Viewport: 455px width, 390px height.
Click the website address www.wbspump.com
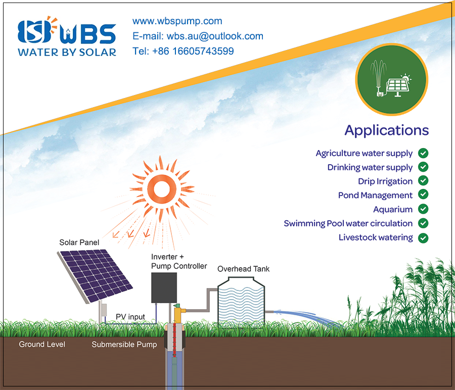pos(177,21)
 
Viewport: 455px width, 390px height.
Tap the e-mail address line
pos(198,36)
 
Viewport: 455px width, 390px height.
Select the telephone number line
pos(183,51)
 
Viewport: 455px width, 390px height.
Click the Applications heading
pos(387,130)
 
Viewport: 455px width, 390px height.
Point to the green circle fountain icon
pos(392,79)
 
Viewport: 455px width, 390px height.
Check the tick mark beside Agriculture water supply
pos(423,153)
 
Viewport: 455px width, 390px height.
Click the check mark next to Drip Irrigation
pos(423,181)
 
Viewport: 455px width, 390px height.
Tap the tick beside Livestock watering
pos(423,238)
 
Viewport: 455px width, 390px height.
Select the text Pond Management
pos(375,196)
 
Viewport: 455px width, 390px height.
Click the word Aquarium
pos(393,209)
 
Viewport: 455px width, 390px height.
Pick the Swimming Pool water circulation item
pos(348,223)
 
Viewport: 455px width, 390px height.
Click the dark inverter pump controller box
pos(164,287)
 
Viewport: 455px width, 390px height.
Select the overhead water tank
pos(241,302)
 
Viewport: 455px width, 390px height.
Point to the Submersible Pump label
pos(124,345)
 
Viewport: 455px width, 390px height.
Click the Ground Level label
pos(42,344)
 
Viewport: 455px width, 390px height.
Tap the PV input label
pos(130,317)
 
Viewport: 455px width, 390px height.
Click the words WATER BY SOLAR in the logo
pos(67,52)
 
